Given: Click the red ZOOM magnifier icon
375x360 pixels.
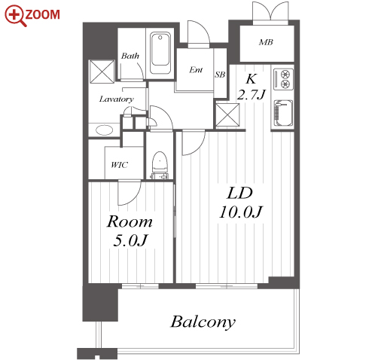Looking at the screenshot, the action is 16,16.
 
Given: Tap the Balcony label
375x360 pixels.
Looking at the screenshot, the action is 203,322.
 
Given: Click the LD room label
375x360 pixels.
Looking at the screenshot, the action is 239,193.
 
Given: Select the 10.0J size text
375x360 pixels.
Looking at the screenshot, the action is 240,212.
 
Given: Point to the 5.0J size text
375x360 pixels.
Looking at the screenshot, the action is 130,240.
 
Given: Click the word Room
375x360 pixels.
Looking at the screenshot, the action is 130,221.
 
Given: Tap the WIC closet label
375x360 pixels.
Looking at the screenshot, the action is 120,165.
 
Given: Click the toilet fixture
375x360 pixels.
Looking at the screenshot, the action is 160,165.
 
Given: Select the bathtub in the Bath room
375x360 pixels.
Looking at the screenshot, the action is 160,53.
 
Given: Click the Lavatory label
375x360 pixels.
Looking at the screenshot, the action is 117,99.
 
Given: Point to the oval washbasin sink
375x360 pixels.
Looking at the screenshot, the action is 104,130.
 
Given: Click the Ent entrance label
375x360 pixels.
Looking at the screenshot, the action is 196,70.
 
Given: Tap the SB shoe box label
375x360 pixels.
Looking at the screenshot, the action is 220,75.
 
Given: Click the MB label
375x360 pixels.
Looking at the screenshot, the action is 266,42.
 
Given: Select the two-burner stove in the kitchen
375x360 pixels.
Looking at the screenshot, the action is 283,79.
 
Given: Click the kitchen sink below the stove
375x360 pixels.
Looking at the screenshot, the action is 283,113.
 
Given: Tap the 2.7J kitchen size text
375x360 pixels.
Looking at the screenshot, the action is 252,95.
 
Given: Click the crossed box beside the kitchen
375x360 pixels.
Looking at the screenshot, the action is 227,115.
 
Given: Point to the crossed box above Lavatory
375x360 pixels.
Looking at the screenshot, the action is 102,72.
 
